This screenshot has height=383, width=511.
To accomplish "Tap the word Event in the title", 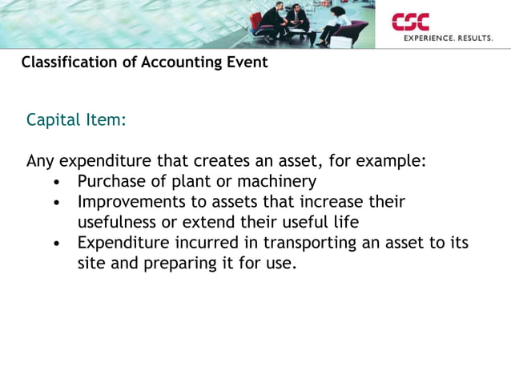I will (x=247, y=62).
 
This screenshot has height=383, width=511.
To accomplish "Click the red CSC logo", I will (x=410, y=22).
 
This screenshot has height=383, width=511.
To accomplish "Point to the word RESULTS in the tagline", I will (x=475, y=38).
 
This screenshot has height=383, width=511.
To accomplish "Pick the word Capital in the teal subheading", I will (x=53, y=120).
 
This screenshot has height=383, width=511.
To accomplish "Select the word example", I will (x=388, y=160).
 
